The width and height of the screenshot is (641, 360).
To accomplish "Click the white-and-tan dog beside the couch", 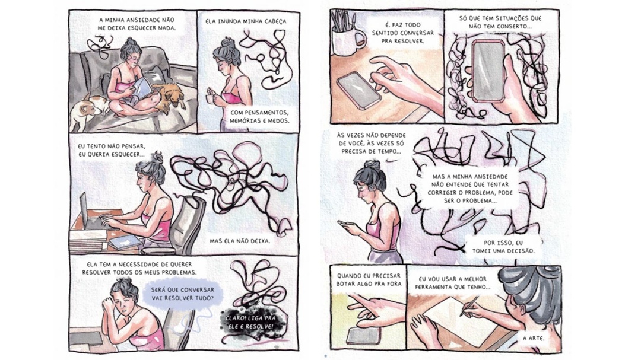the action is tap(87, 110).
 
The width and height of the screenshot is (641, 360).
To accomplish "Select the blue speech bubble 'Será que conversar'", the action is tap(182, 293).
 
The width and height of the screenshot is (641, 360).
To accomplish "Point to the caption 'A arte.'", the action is tap(534, 338).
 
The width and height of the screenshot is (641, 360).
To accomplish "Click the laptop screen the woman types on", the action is tap(84, 211).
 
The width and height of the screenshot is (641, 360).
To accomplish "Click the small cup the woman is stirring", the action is tap(211, 98).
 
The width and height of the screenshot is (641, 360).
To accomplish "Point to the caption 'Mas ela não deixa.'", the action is tap(240, 241).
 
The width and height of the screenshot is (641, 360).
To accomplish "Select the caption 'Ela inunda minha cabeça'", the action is tap(246, 21).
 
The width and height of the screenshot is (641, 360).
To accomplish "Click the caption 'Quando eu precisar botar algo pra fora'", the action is tap(369, 280).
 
